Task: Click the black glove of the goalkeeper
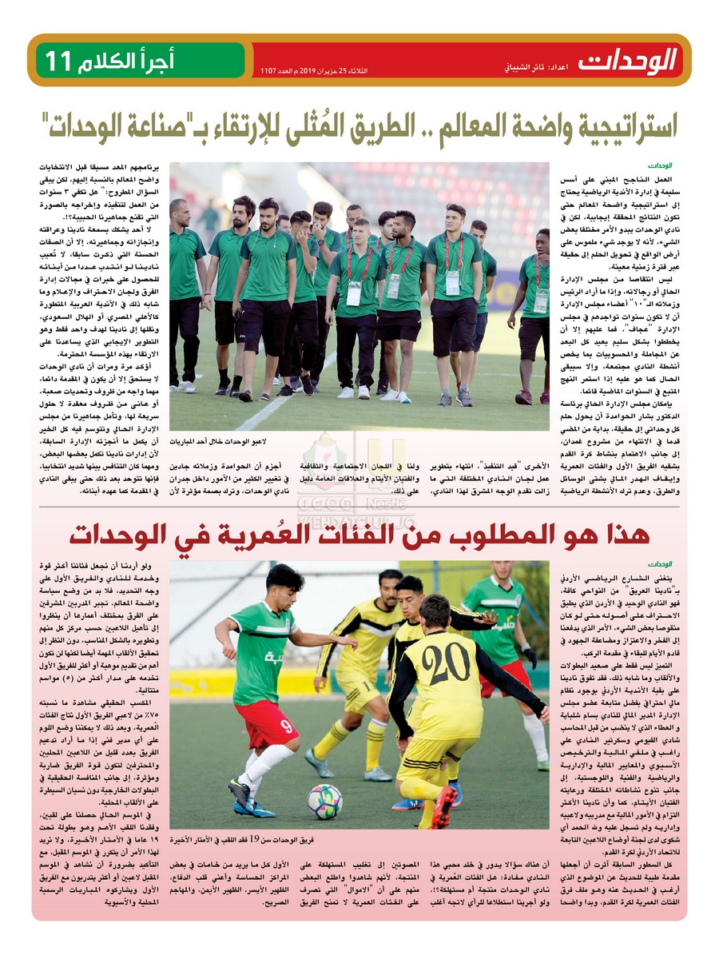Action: [x=530, y=658]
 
